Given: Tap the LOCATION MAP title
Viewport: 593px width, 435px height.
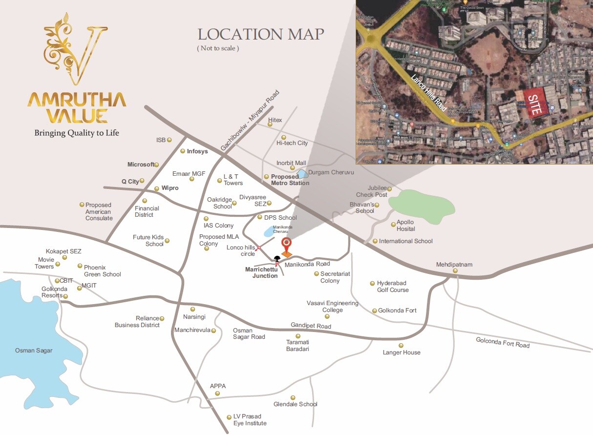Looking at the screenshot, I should (x=260, y=35).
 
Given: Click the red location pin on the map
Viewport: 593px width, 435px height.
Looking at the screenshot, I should (x=287, y=244).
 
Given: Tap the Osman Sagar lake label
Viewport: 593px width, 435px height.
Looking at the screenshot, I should (x=34, y=351).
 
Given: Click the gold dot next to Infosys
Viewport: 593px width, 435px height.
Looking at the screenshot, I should (x=183, y=151).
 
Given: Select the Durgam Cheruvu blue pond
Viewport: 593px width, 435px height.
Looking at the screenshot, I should (x=303, y=173).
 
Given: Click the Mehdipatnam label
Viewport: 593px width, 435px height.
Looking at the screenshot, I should (x=454, y=265).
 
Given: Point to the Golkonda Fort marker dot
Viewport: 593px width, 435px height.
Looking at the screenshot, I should (x=375, y=311).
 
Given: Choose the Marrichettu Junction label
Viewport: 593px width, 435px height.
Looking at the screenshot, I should (x=261, y=272).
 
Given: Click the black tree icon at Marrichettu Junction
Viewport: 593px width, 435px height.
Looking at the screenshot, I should (x=277, y=260).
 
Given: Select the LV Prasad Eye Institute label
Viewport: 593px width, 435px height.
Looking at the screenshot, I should (x=250, y=420).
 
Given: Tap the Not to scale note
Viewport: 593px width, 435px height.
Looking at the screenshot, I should (x=218, y=48).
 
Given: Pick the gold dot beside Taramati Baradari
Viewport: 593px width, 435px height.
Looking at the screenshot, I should (x=298, y=336).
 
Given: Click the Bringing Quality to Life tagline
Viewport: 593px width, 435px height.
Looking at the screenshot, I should (x=77, y=133).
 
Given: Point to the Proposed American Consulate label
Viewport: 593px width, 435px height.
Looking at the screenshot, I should (x=99, y=211).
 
